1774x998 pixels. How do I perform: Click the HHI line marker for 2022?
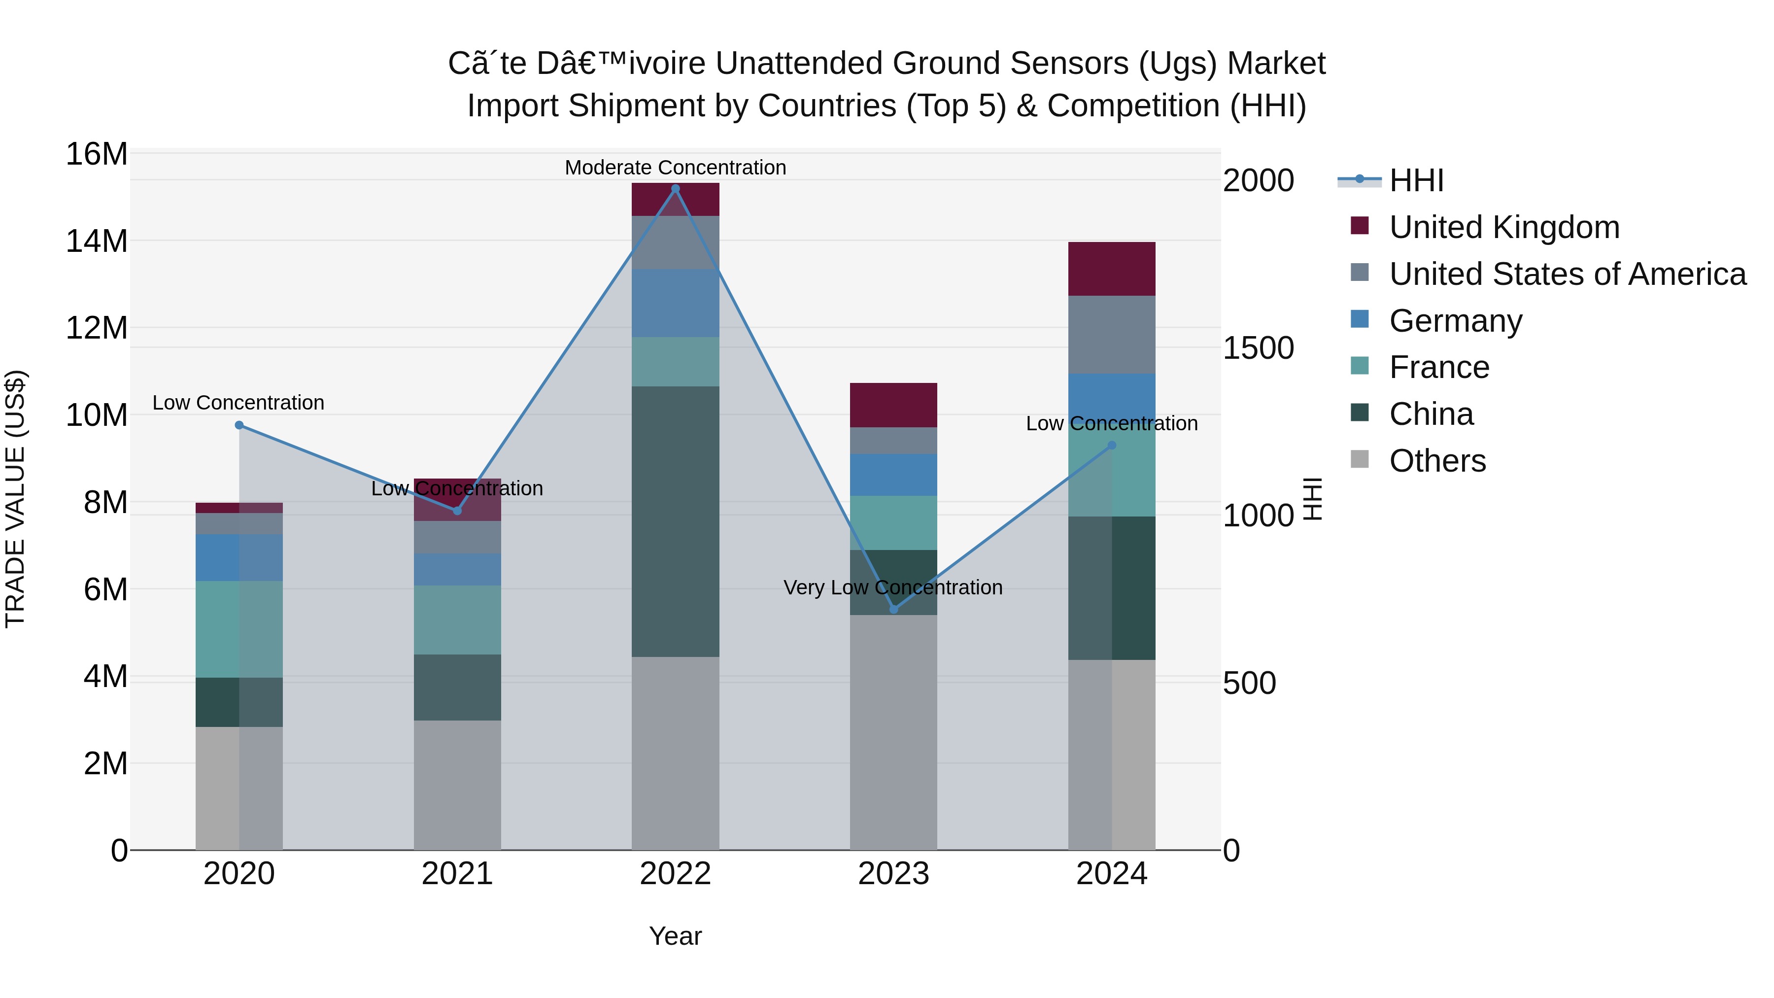click(x=675, y=189)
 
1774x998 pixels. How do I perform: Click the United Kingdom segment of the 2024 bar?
click(x=1112, y=269)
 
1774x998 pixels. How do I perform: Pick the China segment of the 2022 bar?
click(x=675, y=521)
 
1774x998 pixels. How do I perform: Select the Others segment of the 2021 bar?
click(x=457, y=785)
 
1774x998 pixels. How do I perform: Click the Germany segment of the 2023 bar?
click(x=893, y=475)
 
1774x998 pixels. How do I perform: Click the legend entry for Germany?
click(x=1455, y=321)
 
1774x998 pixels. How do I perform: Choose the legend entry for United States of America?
click(x=1567, y=274)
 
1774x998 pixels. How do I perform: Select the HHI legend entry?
click(x=1416, y=180)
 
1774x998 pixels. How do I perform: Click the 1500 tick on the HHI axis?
click(x=1258, y=348)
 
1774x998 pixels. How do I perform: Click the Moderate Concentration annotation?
click(x=675, y=168)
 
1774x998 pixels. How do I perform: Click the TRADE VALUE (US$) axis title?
click(x=15, y=499)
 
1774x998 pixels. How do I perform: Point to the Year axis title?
click(x=675, y=936)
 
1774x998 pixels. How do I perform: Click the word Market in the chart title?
click(x=1276, y=64)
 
